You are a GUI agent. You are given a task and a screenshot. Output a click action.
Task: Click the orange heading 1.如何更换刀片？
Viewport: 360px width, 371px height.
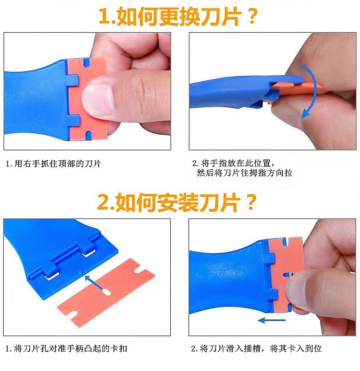(x=177, y=16)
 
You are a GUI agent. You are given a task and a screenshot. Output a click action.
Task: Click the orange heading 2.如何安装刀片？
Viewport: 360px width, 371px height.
(x=177, y=202)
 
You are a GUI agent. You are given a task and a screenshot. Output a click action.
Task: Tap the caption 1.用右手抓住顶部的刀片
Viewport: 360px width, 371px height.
(x=53, y=163)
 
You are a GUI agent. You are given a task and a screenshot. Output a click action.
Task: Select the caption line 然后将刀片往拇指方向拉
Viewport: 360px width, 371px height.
(x=244, y=173)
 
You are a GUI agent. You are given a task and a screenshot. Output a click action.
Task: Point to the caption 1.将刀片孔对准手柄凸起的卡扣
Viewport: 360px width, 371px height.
(x=66, y=349)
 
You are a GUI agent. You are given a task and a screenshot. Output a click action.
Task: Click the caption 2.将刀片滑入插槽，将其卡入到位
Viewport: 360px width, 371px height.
(x=256, y=349)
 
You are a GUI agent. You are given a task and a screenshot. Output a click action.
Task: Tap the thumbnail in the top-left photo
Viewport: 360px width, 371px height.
(x=97, y=99)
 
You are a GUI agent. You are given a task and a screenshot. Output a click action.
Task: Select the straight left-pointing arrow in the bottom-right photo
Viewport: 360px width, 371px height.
(x=271, y=321)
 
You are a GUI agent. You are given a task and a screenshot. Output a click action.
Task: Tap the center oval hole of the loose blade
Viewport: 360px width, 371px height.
(x=107, y=292)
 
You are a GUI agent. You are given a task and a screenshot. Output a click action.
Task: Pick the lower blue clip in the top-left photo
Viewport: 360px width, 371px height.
(x=73, y=121)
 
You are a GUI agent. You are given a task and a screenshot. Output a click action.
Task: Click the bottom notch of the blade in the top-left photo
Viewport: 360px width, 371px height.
(x=88, y=135)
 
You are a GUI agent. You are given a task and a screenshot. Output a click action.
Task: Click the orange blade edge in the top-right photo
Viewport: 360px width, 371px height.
(x=296, y=89)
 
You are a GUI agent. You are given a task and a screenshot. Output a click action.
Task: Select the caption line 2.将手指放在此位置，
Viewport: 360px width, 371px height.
(x=234, y=163)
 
